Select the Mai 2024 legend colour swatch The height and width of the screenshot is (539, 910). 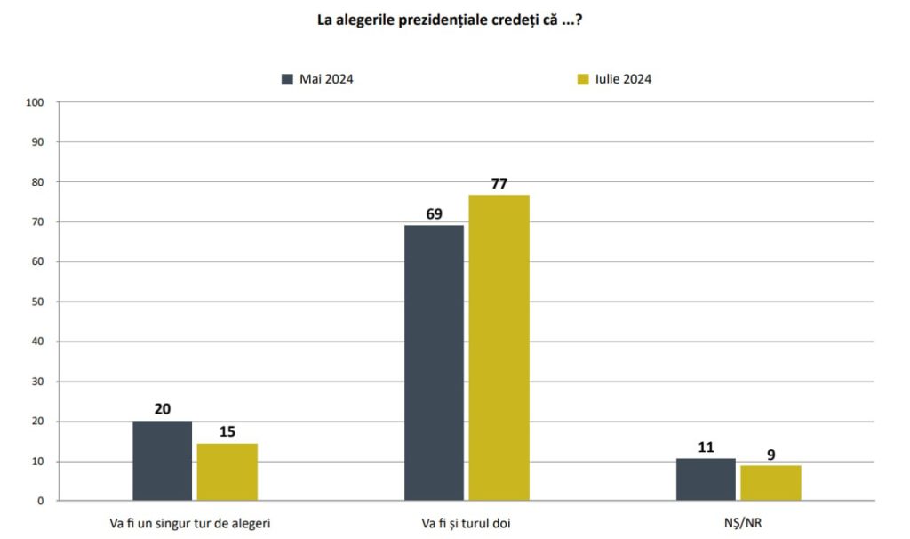coord(287,79)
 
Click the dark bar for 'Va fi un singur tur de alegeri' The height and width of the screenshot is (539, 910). coord(163,461)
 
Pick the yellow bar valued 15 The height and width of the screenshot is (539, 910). coord(227,471)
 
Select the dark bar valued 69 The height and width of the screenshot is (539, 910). coord(434,363)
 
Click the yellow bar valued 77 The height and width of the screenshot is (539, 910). coord(499,348)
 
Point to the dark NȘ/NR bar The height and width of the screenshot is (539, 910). coord(706,479)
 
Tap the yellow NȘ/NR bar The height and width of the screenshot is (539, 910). coord(770,483)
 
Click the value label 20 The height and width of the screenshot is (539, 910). coord(163,408)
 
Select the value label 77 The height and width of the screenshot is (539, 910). coord(499,183)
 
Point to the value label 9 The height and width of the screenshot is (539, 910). coord(770,455)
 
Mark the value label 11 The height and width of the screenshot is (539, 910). coord(706,446)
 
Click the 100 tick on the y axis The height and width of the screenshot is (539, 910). coord(35,102)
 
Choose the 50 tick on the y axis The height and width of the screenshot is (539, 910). coord(38,302)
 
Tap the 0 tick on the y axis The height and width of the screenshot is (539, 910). coord(41,501)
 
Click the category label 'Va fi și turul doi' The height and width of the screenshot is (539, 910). coord(467,523)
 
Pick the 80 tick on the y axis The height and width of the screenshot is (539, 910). coord(38,181)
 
